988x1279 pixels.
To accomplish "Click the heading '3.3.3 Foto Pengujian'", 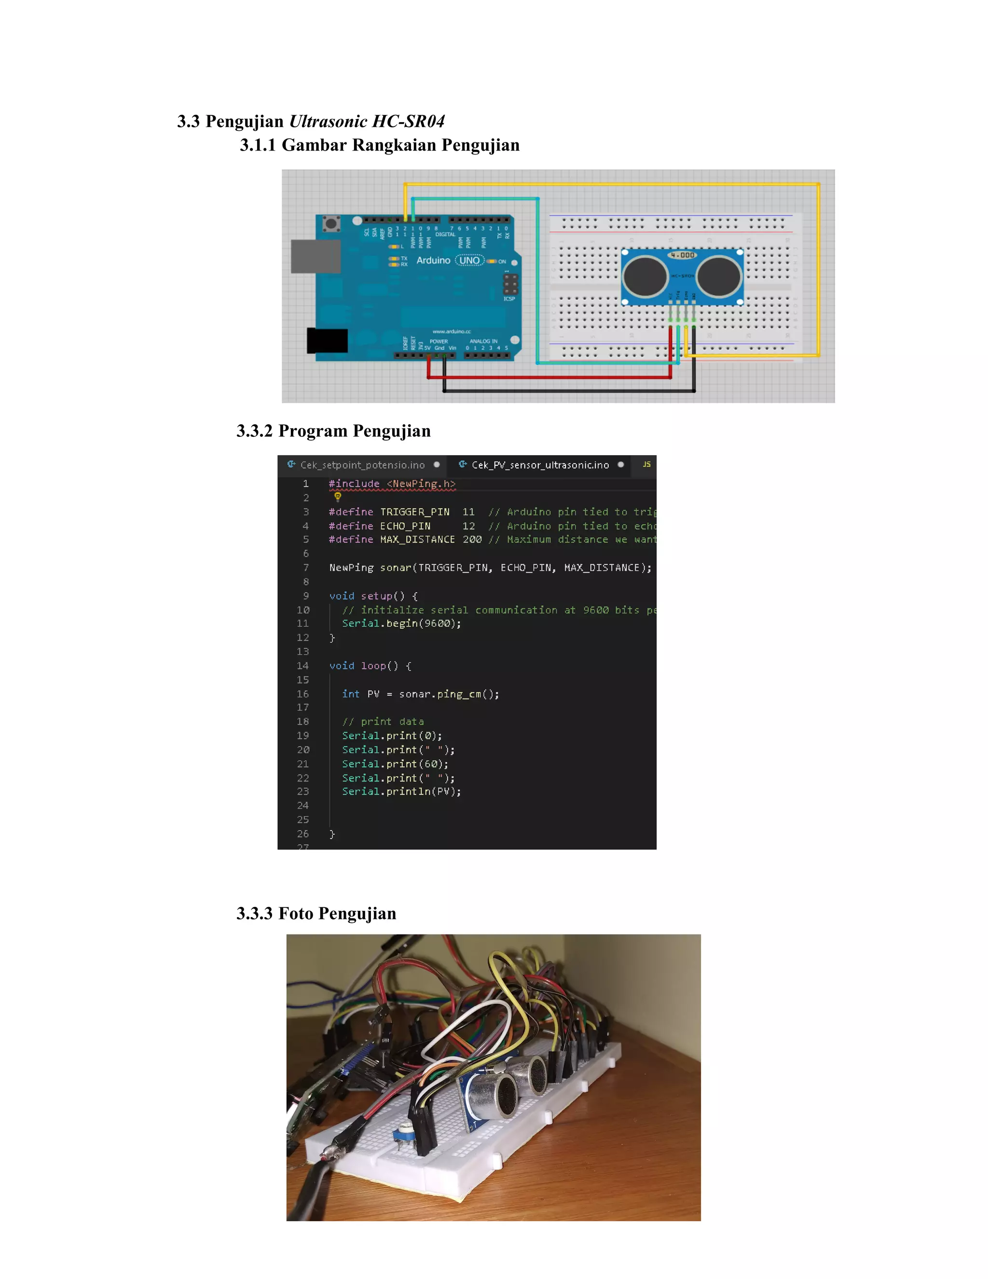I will tap(316, 914).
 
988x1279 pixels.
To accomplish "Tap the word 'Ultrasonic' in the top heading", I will tap(329, 121).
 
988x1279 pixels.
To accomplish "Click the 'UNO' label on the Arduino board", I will tap(469, 261).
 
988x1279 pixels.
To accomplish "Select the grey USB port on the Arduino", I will tap(316, 256).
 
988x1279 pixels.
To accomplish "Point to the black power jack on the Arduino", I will tap(327, 340).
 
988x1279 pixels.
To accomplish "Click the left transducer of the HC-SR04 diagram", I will tap(645, 277).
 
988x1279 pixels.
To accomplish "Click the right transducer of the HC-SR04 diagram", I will tap(719, 277).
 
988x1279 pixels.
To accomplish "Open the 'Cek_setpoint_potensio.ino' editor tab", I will tap(362, 465).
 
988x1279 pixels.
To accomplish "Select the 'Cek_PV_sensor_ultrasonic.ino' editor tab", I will tap(540, 465).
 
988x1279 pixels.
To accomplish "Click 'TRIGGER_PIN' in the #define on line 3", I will tap(414, 512).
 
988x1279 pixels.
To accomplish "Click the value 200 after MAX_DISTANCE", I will tap(472, 540).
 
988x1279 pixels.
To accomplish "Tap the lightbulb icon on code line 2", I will tap(338, 497).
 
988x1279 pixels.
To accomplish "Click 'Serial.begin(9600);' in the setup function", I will tap(401, 624).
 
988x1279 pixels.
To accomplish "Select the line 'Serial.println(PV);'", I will tap(401, 792).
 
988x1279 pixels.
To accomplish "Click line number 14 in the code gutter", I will tap(302, 666).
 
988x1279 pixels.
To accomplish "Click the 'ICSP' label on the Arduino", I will tap(509, 299).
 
